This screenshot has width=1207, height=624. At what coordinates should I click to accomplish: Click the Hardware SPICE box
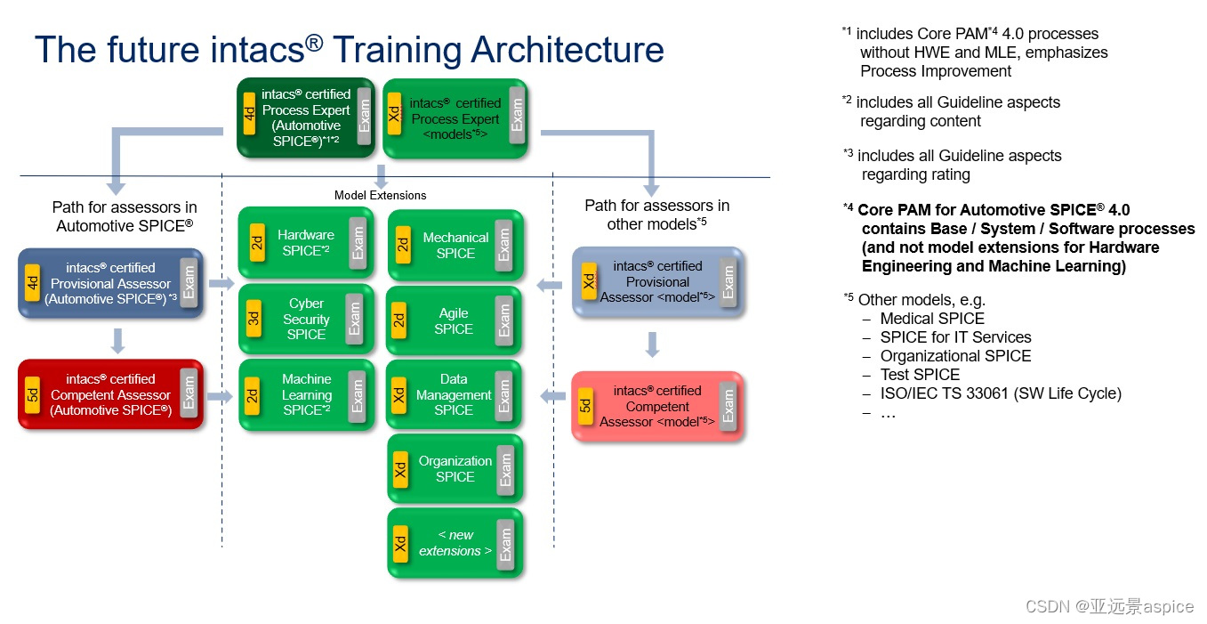point(305,243)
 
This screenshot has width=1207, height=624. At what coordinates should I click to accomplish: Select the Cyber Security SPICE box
point(305,320)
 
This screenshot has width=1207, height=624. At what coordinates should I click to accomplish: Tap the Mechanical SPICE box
point(455,245)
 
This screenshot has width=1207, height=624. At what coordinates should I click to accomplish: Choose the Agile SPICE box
point(454,320)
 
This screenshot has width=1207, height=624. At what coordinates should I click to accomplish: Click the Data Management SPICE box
point(454,395)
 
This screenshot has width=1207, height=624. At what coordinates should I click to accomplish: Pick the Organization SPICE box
point(455,469)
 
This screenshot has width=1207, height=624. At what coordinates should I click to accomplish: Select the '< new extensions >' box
point(455,543)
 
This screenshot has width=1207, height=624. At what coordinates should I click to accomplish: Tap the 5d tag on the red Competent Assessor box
point(33,394)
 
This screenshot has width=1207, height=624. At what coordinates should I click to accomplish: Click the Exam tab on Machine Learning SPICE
point(357,395)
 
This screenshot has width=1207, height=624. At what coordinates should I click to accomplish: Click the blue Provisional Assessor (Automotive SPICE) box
point(110,283)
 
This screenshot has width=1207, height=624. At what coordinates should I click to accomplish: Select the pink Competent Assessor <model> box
point(656,406)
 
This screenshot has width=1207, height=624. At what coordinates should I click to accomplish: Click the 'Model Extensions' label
point(380,195)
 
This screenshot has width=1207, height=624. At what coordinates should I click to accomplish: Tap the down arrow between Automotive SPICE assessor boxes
point(117,339)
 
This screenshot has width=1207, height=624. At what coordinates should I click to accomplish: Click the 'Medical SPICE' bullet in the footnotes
point(931,319)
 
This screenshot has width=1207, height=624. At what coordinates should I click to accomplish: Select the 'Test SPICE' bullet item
point(920,375)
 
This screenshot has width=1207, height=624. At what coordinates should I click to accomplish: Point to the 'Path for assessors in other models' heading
point(656,215)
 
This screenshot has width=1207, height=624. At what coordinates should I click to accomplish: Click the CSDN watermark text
point(1109,606)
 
